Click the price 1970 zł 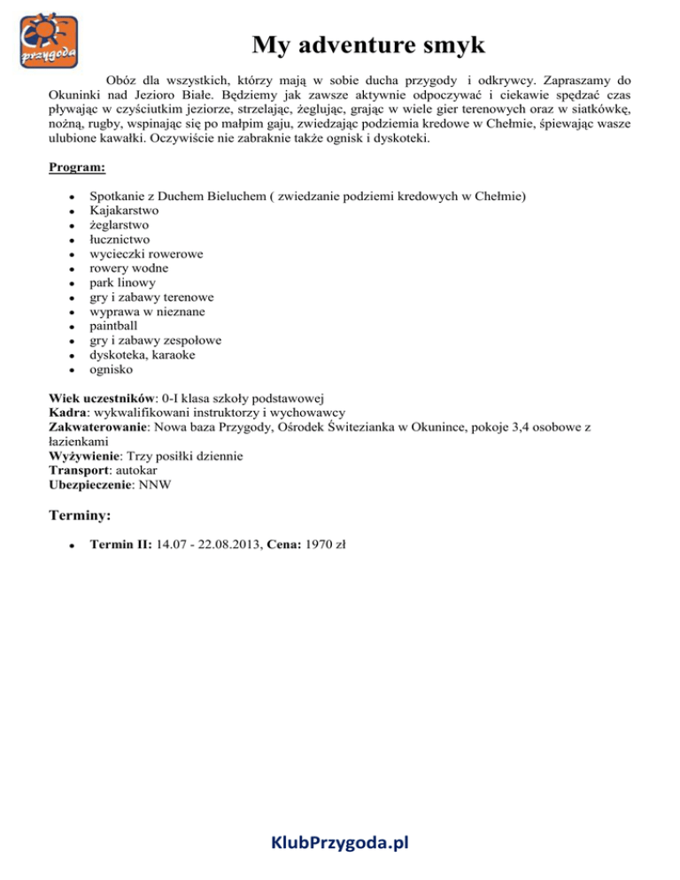click(323, 545)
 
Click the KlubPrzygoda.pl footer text click(341, 842)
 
